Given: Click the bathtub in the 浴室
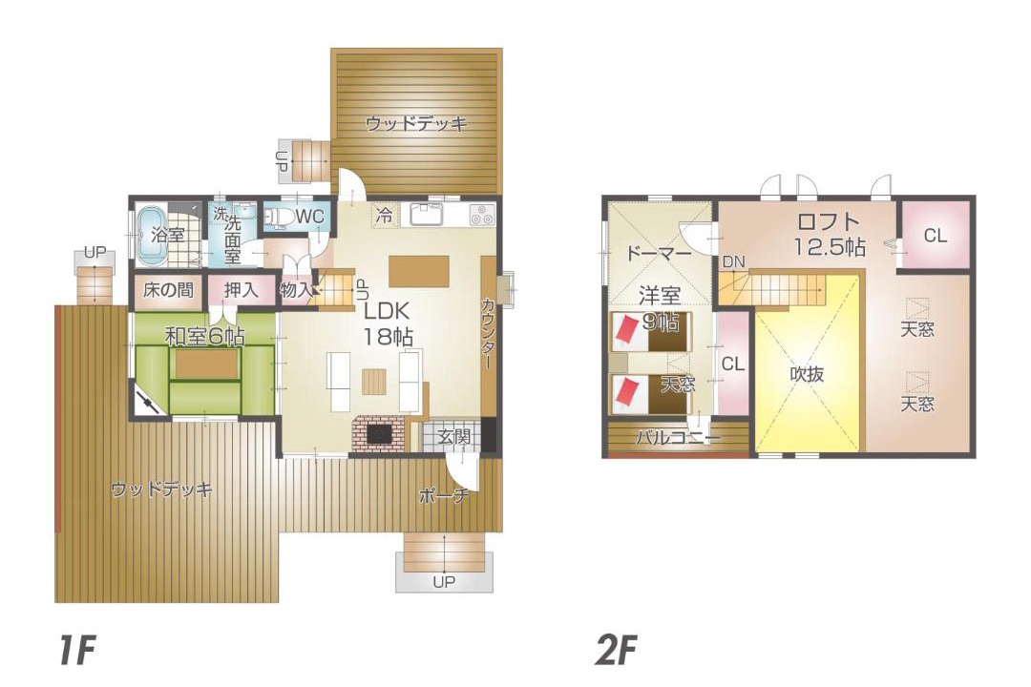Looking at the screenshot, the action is coord(151,237).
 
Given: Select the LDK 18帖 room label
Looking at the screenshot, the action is coord(389,323).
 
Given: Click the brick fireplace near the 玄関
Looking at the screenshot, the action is coord(380,434).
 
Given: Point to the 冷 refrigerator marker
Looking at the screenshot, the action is coord(385,215).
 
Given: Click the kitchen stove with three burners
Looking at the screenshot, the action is coord(482,215).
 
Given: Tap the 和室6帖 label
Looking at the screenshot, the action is coord(204,337).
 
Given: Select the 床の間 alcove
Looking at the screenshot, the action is coord(168,290).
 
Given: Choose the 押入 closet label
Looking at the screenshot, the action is coord(241,289).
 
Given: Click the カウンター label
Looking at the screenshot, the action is coord(489,333).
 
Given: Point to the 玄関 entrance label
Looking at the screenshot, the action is coord(453,436).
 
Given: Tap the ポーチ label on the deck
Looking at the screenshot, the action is coord(443,496).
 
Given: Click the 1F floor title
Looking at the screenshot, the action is coord(76,650).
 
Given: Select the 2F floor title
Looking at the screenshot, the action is coord(616,650).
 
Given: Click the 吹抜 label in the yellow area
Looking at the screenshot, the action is coord(807,374).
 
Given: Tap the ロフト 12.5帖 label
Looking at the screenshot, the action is coord(829,234).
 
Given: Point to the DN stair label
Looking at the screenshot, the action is coord(734,261).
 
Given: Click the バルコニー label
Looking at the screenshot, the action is coord(678,437).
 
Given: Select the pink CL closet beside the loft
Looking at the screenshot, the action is coord(935,235).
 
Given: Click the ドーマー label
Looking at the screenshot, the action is coord(658,253).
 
